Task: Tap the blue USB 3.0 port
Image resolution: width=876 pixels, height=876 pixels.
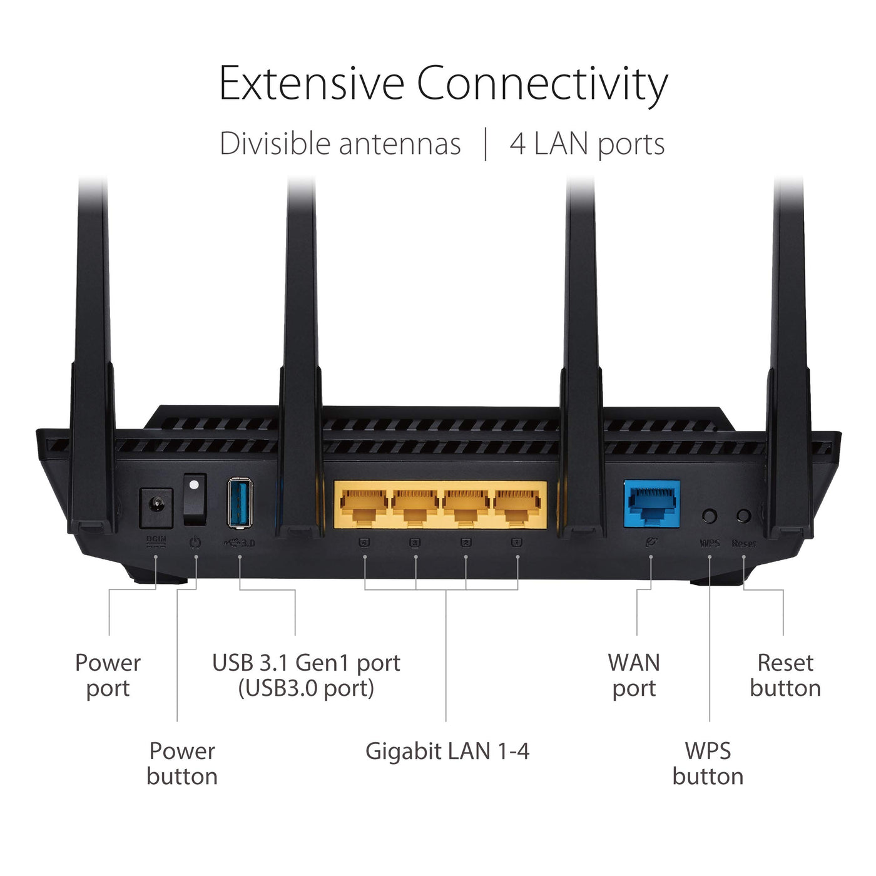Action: click(x=240, y=502)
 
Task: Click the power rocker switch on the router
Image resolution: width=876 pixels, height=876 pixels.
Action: click(x=195, y=499)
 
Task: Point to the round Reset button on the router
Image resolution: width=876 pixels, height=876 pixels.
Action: click(x=743, y=516)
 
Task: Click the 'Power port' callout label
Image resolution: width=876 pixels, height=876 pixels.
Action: click(x=108, y=675)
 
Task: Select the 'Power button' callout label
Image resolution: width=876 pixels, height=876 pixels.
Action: click(x=182, y=763)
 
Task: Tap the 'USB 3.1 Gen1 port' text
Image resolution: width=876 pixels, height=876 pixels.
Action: click(x=306, y=663)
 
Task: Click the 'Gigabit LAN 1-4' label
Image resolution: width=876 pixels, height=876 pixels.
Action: click(x=447, y=751)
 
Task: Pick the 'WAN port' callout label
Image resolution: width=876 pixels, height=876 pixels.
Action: click(x=634, y=675)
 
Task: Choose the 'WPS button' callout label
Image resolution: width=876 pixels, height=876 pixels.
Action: click(x=708, y=763)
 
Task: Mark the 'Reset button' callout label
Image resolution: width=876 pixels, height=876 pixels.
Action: click(x=785, y=675)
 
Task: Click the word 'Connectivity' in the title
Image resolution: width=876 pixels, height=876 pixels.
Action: click(x=542, y=84)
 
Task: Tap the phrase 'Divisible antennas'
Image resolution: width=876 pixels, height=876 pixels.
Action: click(x=340, y=144)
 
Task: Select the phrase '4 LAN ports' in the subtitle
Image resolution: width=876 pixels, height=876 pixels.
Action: click(x=587, y=145)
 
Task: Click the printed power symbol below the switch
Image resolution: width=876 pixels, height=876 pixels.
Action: click(x=195, y=542)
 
